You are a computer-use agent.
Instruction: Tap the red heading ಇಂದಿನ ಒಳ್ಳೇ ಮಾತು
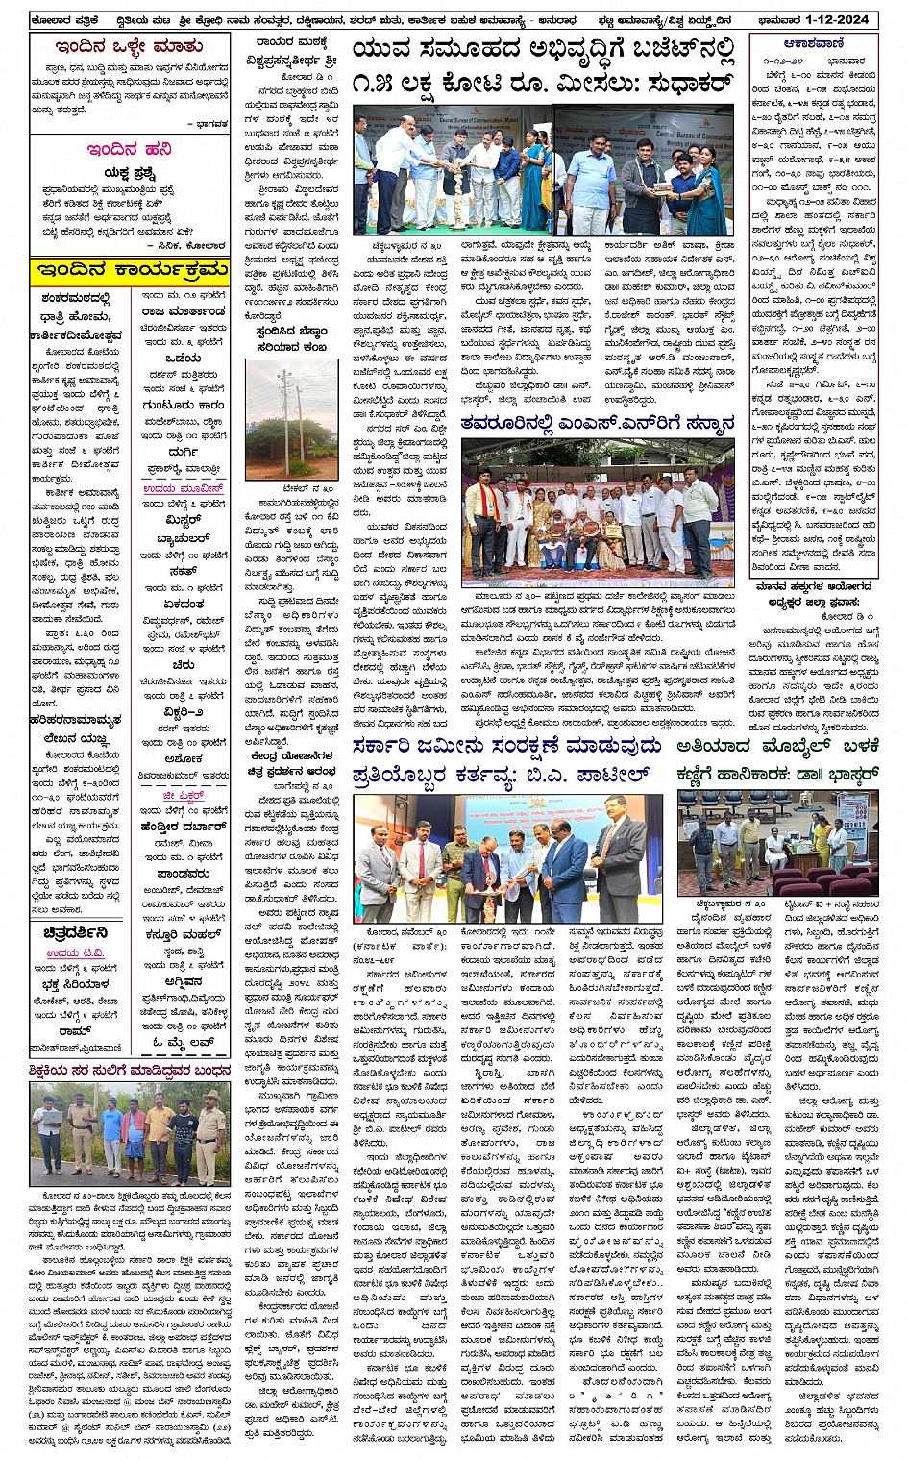(x=128, y=46)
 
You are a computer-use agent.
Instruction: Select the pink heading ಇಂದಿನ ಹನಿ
(x=128, y=149)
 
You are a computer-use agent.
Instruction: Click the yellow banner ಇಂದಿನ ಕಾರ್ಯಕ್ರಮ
(x=129, y=269)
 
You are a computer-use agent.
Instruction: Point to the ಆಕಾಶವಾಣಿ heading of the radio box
(x=813, y=42)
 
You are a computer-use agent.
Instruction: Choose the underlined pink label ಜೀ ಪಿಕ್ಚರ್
(x=182, y=796)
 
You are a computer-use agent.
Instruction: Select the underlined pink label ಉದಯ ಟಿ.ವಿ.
(x=75, y=952)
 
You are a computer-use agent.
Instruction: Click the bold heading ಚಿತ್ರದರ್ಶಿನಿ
(x=75, y=932)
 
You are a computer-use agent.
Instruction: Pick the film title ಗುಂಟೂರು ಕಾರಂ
(x=182, y=405)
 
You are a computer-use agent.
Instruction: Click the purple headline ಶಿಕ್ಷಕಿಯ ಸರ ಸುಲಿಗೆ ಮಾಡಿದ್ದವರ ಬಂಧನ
(x=129, y=1069)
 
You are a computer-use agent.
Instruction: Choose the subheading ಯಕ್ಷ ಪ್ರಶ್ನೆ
(x=129, y=173)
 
